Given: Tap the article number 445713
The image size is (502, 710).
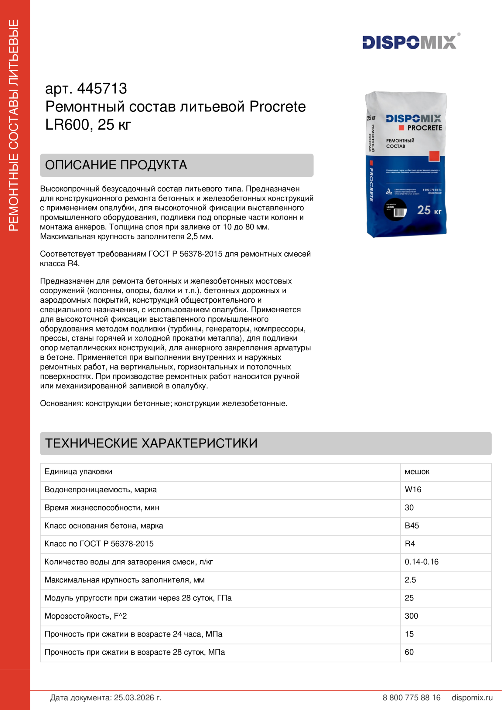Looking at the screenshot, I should tap(102, 88).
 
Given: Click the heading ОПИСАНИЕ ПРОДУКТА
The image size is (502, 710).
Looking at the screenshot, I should tap(116, 165).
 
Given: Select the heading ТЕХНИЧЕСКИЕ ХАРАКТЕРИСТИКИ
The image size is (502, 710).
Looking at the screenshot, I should tap(151, 443).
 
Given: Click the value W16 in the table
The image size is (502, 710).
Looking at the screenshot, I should tap(413, 490).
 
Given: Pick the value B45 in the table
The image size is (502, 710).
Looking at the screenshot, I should tap(412, 526).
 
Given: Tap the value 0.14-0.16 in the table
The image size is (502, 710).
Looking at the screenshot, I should tap(421, 562).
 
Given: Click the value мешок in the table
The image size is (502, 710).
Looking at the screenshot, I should tap(417, 472).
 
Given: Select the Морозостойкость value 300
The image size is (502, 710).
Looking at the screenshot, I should tap(411, 616).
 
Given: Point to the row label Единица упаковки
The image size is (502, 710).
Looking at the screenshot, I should tap(78, 472).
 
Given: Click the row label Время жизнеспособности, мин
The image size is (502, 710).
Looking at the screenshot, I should tap(102, 508).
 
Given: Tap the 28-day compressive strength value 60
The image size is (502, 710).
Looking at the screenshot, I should tap(409, 652).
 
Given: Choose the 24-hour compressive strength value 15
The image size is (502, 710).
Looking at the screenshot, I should tap(409, 634).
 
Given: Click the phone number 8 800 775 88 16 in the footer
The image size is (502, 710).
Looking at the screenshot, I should tap(412, 698).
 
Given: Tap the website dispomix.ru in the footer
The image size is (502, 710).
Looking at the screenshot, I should tap(472, 698).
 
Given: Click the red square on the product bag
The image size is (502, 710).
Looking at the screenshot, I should tap(434, 156).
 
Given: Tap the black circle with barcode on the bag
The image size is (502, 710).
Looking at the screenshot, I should tap(395, 210).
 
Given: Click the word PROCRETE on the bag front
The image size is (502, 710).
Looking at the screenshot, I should tap(424, 128).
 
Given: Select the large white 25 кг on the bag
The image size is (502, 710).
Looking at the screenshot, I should tap(429, 210).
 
